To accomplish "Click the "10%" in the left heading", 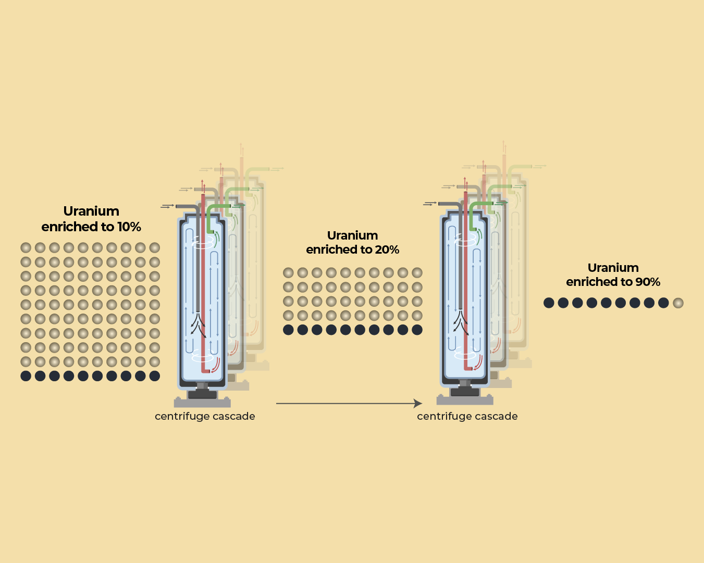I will click(129, 227).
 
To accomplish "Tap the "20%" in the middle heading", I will click(387, 250).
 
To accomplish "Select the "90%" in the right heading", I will click(648, 282).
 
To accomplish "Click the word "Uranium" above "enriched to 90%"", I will click(613, 268).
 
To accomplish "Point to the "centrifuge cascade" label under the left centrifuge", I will click(205, 416).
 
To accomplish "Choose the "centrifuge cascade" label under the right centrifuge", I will click(467, 416).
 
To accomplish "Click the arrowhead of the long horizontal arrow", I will click(418, 403).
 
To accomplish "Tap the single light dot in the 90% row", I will click(677, 303).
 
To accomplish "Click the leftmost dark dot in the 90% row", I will click(549, 303).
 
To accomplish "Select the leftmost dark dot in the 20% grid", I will click(288, 330).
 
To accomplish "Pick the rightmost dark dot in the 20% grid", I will click(417, 330).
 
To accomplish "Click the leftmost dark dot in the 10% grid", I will click(26, 376).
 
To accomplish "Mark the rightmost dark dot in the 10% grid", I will click(155, 376).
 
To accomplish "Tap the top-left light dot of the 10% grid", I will click(26, 247).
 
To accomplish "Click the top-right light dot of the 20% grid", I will click(417, 272).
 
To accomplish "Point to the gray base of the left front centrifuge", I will click(202, 402).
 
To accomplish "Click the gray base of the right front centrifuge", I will click(465, 400).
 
